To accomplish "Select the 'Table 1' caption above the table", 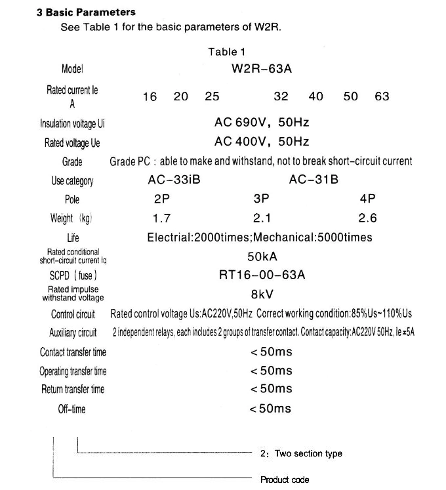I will [226, 52].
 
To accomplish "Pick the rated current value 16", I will [150, 96].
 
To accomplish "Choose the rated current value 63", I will [382, 96].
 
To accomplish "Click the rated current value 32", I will [281, 96].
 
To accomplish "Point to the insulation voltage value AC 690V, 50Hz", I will [262, 122].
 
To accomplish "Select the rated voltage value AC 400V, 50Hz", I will [262, 141].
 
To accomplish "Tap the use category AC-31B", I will [314, 180].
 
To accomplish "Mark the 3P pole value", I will [261, 199].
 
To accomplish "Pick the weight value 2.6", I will [367, 218].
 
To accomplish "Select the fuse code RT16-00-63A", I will [262, 275].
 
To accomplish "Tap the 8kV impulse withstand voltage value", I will [262, 294].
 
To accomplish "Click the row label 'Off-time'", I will [71, 409].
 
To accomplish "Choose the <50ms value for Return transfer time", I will [271, 389].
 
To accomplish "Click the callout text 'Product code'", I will [284, 480].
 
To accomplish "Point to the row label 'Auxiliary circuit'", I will [73, 333].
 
